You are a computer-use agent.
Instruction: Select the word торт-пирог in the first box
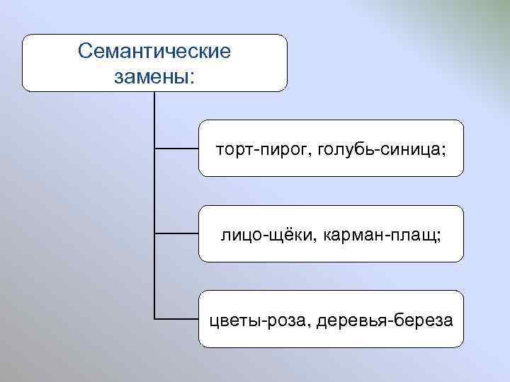[x=263, y=149]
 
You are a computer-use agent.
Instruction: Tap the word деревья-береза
[x=385, y=320]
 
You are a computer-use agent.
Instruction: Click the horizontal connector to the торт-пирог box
[x=176, y=149]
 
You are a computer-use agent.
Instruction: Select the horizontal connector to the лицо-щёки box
[x=176, y=233]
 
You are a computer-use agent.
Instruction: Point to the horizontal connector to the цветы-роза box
[x=176, y=319]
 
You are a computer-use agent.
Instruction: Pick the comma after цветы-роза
[x=310, y=324]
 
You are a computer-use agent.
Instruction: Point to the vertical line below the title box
[x=154, y=205]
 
